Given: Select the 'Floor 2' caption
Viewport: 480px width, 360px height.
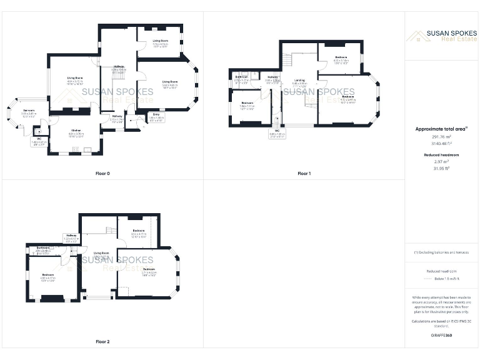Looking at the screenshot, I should point(102,342).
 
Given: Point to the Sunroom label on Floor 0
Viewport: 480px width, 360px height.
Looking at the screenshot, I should point(28,111).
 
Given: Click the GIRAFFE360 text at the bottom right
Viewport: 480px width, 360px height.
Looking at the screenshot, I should point(441,336).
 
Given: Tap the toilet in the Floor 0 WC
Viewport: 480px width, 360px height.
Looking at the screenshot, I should point(39,132).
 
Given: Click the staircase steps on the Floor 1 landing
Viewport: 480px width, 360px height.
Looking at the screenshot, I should point(288,61).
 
